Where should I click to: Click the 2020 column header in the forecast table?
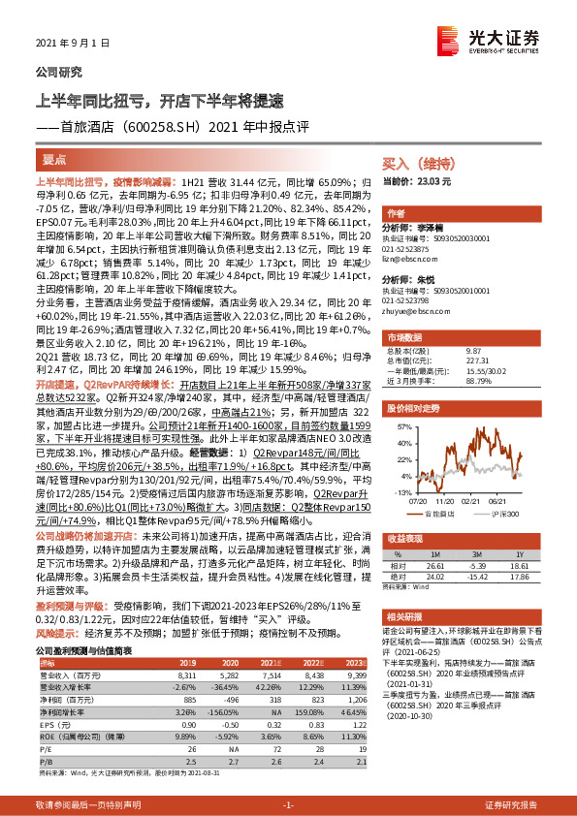(x=225, y=662)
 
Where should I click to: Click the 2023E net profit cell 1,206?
(x=356, y=698)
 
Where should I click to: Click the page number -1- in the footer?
(x=288, y=805)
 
